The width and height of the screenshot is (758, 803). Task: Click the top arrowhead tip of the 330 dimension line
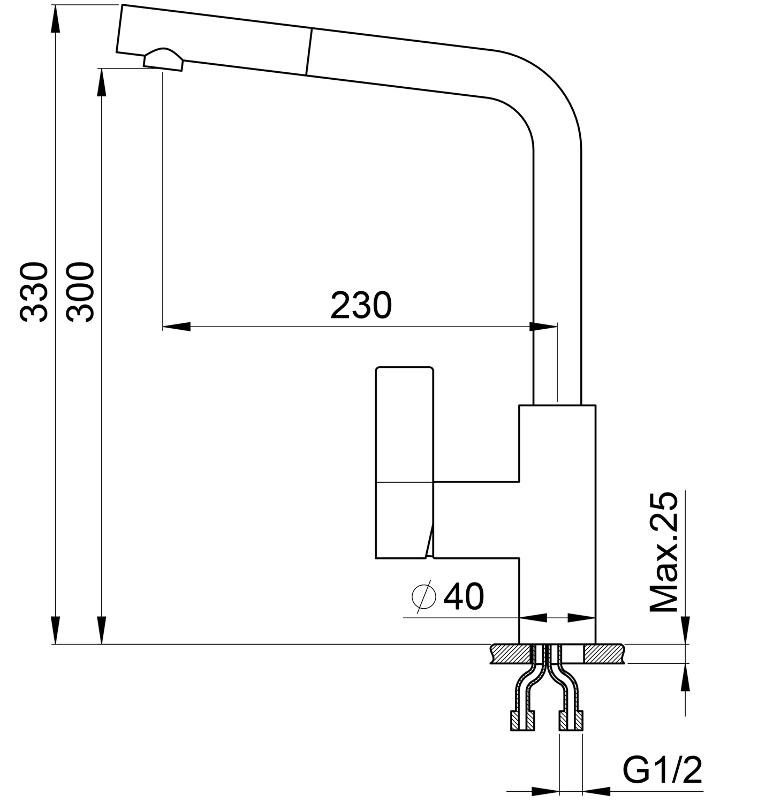click(x=56, y=5)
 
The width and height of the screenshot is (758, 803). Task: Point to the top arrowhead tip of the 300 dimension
click(x=102, y=69)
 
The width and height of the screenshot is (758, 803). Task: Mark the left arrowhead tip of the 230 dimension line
click(x=163, y=327)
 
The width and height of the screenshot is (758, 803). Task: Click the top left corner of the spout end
click(x=122, y=5)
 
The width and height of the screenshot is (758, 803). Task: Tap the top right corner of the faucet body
click(x=595, y=405)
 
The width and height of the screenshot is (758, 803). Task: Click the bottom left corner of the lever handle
click(x=376, y=558)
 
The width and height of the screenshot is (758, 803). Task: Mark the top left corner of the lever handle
click(x=376, y=367)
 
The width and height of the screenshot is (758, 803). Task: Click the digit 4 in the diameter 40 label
click(x=454, y=596)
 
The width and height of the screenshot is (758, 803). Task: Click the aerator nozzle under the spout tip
click(x=163, y=60)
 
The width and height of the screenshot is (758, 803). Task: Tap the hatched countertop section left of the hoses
click(x=510, y=654)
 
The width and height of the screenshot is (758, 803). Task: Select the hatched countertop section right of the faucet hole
click(x=604, y=654)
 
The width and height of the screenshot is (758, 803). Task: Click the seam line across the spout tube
click(x=309, y=52)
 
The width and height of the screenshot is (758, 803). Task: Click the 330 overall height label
click(x=34, y=292)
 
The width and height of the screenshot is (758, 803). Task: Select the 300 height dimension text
click(x=80, y=292)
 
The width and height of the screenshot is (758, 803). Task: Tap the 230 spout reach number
click(x=361, y=305)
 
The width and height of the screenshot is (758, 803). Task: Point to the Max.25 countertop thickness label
click(x=663, y=552)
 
